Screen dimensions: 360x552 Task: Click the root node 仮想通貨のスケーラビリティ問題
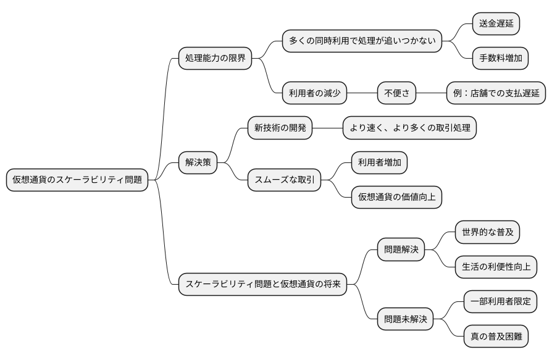[x=77, y=180]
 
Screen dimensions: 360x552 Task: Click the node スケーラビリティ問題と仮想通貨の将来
[x=262, y=284]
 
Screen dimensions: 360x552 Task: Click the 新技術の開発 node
[x=279, y=128]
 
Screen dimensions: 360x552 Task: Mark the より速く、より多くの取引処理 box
[x=409, y=128]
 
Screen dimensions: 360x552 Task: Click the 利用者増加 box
[x=379, y=162]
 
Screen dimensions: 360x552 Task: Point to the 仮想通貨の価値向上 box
[x=396, y=198]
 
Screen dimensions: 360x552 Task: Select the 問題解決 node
[x=401, y=249]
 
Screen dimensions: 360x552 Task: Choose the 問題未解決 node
[x=405, y=319]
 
